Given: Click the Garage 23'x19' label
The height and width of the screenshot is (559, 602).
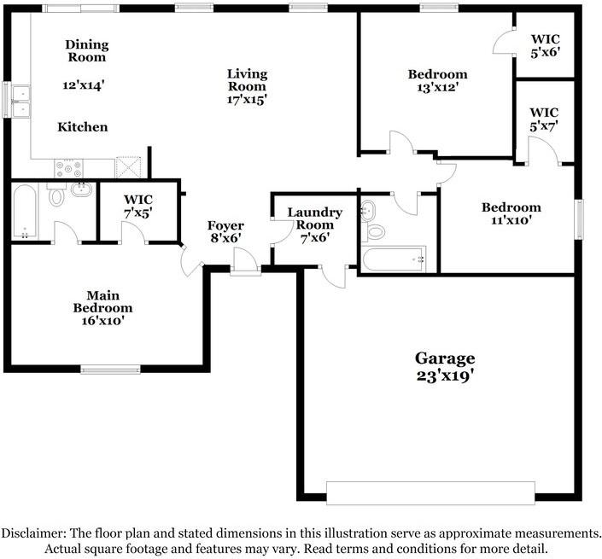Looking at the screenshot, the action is click(445, 367).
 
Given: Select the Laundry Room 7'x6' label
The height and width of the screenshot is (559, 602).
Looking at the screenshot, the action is click(315, 224).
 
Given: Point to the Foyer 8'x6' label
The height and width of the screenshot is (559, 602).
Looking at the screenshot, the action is click(225, 231).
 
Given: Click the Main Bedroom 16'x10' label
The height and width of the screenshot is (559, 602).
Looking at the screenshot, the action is click(102, 308).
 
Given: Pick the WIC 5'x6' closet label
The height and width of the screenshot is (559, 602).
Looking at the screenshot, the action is click(545, 45).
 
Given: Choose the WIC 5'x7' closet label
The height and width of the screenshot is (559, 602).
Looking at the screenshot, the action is click(544, 119).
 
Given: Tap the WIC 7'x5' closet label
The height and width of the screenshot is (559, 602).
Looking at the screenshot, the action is click(138, 206).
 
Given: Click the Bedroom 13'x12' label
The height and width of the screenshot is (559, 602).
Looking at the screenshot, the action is click(438, 80).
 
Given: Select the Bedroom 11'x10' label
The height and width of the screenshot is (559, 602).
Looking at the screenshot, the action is click(511, 213).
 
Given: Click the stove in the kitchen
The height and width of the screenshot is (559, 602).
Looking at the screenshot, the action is click(68, 168).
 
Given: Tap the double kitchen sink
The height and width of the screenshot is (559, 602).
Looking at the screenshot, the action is click(20, 101).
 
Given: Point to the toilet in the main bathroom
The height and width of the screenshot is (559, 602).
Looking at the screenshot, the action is click(57, 195).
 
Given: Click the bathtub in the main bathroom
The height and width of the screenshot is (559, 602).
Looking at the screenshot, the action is click(25, 212).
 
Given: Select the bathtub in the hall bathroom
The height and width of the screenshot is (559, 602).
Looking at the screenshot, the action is click(394, 259).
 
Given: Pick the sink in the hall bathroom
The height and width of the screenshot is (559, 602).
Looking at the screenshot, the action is click(368, 211).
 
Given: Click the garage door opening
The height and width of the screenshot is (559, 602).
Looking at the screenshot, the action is click(430, 493).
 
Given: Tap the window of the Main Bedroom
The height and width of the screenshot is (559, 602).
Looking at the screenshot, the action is click(110, 370).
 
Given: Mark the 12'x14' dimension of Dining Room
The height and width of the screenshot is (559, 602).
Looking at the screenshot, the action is click(84, 84).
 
